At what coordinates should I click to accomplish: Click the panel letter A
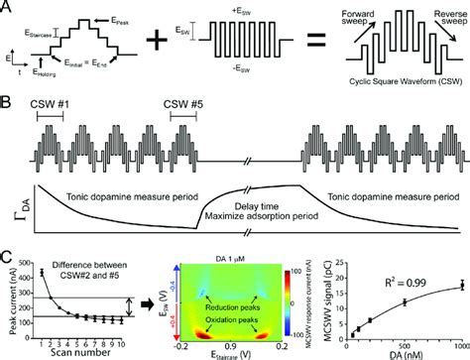pyautogui.click(x=8, y=8)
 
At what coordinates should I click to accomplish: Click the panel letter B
pyautogui.click(x=8, y=102)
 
